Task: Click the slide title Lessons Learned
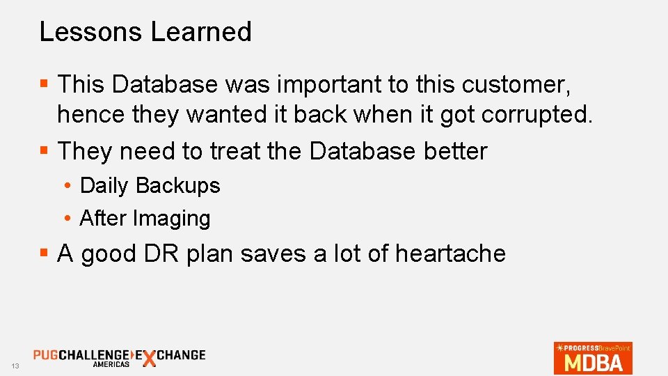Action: [145, 31]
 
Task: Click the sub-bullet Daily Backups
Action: [150, 185]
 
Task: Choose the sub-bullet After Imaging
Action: [145, 218]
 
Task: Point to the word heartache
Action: [450, 253]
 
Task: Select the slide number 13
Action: [14, 366]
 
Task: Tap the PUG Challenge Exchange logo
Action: [119, 357]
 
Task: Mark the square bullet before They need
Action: [44, 150]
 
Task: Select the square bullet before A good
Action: [44, 253]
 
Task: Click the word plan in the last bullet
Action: [210, 254]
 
